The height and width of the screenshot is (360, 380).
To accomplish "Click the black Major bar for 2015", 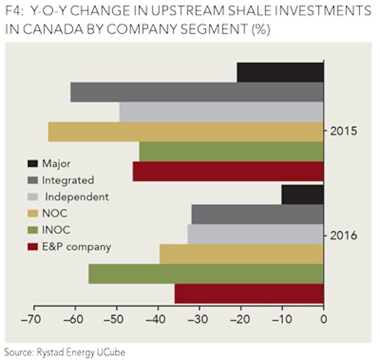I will (280, 72).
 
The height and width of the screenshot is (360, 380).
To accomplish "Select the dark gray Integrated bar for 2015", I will (197, 92).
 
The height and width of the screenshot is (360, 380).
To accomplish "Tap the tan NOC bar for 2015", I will (185, 132).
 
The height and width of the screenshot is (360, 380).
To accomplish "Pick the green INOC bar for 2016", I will (205, 274).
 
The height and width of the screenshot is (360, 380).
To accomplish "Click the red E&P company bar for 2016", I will (249, 293).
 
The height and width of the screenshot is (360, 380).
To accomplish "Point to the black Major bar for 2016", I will (302, 194).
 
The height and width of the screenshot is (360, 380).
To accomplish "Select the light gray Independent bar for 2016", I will (255, 234).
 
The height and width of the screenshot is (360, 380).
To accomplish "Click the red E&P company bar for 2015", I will (228, 171).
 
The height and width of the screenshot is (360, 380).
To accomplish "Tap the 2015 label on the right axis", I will (344, 130).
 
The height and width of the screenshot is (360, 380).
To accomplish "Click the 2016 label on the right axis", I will (344, 236).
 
